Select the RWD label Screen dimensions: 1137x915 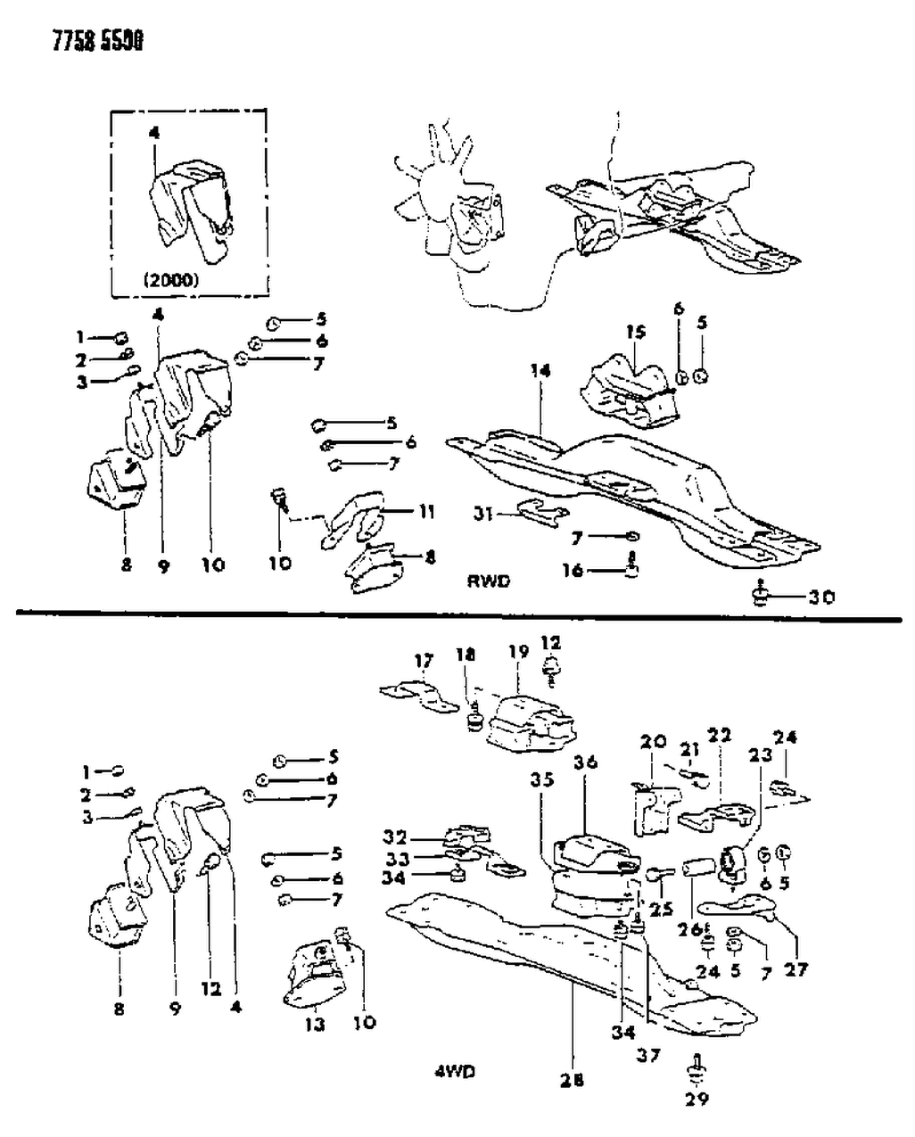488,581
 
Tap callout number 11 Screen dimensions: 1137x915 426,512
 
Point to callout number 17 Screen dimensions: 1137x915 424,661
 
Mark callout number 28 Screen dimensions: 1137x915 572,1080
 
